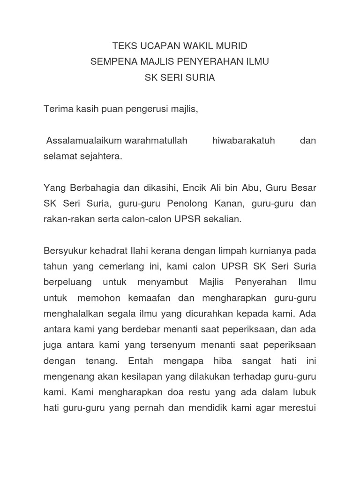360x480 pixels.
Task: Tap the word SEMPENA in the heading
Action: click(x=111, y=62)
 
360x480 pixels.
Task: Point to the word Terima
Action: click(x=56, y=109)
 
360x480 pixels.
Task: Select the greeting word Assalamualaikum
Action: click(x=84, y=141)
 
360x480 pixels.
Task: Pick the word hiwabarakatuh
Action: click(x=243, y=141)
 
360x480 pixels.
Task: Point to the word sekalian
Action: click(x=223, y=220)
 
